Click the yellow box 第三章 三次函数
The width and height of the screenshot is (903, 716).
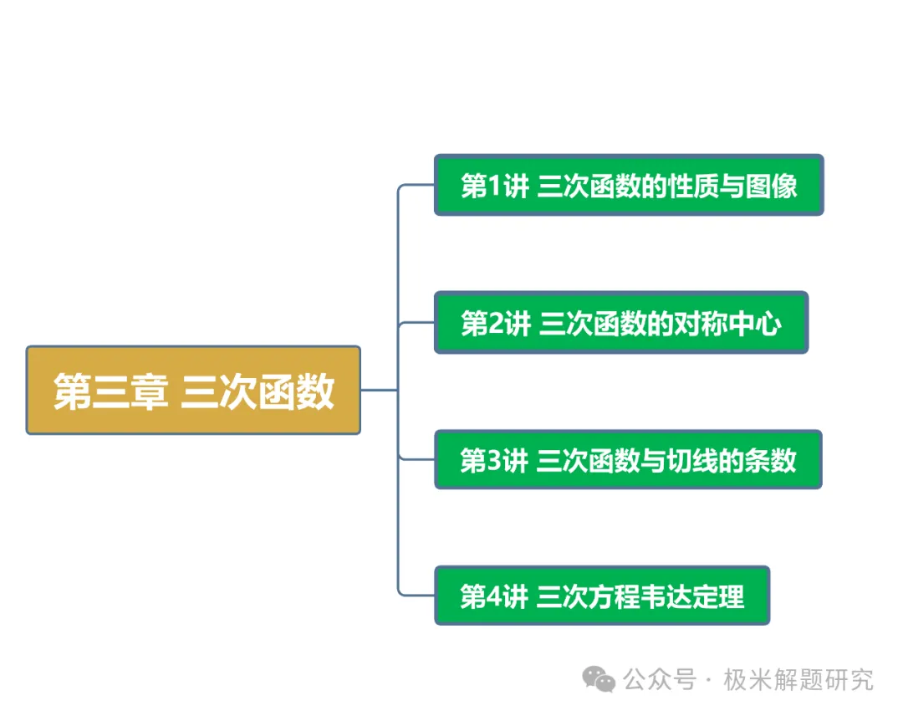[x=193, y=390]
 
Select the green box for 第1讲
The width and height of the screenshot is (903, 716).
[x=629, y=185]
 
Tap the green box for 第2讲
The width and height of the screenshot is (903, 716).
[x=621, y=323]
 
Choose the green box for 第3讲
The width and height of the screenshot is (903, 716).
[x=628, y=460]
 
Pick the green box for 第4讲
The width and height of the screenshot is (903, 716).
[x=602, y=596]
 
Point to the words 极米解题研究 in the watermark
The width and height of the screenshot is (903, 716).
[x=798, y=680]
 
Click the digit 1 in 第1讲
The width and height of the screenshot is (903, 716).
[x=495, y=186]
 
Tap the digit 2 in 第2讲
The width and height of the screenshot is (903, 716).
[x=495, y=323]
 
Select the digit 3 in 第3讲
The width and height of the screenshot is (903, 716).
[x=494, y=460]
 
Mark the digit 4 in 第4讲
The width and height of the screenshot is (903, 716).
[x=494, y=596]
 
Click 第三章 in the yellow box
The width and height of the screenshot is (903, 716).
[x=110, y=391]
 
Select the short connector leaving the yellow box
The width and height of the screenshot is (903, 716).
[x=380, y=390]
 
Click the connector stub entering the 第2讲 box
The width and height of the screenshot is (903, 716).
[x=416, y=323]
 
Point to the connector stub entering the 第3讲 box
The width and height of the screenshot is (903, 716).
[x=416, y=459]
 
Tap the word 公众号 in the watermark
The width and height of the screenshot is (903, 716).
[x=660, y=680]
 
